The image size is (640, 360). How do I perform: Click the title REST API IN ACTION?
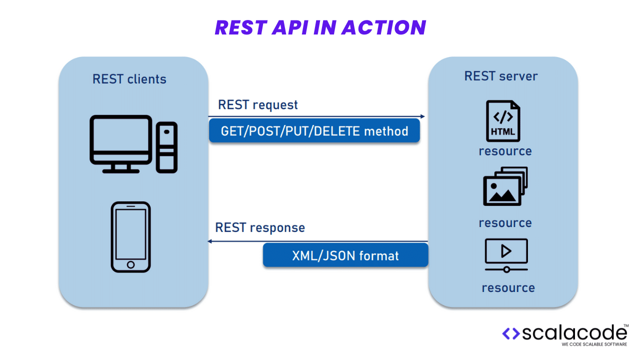(320, 27)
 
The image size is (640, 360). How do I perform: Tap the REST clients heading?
(129, 79)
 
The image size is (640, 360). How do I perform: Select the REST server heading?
(501, 76)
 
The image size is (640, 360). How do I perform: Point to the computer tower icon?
(166, 147)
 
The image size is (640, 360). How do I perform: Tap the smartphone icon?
(131, 237)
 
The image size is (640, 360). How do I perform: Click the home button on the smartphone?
(131, 264)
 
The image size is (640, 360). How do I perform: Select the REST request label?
(257, 105)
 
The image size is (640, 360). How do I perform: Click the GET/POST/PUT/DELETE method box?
(314, 131)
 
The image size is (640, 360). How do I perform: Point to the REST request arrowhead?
(423, 116)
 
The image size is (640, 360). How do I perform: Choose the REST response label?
(260, 227)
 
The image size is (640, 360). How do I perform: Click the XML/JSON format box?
(345, 255)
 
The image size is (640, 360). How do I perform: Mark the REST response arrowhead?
(209, 241)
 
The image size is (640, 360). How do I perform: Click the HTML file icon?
(503, 121)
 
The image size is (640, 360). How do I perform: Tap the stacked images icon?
(505, 186)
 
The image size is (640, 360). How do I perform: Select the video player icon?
(506, 255)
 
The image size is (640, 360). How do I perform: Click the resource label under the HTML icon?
(505, 151)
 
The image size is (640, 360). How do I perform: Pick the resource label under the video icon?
(508, 288)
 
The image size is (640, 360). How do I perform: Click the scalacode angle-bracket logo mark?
(511, 333)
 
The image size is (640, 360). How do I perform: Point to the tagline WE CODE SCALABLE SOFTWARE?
(594, 344)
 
